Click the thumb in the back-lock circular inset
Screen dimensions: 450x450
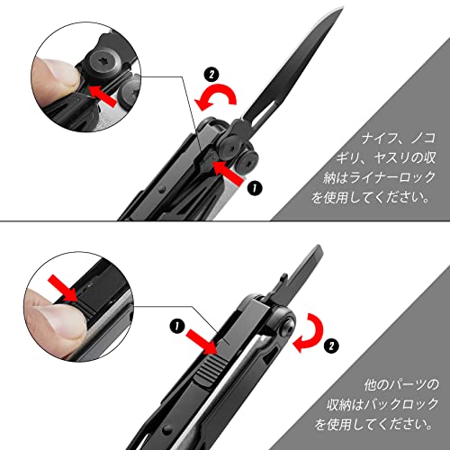pyautogui.click(x=49, y=315)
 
